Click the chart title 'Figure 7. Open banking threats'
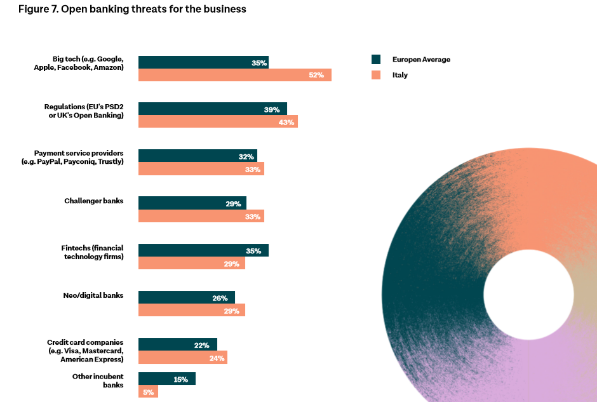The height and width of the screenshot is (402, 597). click(132, 10)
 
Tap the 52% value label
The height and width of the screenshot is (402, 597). click(316, 75)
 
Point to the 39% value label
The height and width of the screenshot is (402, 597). click(272, 109)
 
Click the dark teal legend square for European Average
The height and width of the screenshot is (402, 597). click(376, 60)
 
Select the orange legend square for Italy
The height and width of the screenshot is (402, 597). click(376, 75)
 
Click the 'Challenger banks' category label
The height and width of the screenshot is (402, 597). click(93, 201)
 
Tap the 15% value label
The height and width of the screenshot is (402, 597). click(180, 380)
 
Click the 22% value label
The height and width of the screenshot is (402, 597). click(202, 345)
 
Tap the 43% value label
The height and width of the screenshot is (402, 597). click(286, 122)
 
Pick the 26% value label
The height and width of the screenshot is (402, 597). click(220, 298)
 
